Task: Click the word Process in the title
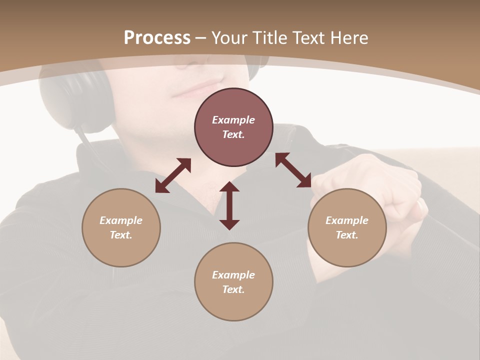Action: pyautogui.click(x=157, y=38)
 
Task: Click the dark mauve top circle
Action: pyautogui.click(x=233, y=127)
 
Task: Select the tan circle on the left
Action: pyautogui.click(x=121, y=227)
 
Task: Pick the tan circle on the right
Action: pyautogui.click(x=347, y=227)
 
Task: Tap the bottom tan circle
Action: pyautogui.click(x=233, y=282)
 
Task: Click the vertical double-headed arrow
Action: pyautogui.click(x=229, y=205)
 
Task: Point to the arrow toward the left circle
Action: pyautogui.click(x=173, y=175)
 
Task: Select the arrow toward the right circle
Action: pyautogui.click(x=293, y=170)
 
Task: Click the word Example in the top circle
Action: pyautogui.click(x=233, y=120)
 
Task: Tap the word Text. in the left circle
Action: pyautogui.click(x=121, y=235)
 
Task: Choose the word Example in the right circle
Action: pyautogui.click(x=347, y=220)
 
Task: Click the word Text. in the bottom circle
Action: pyautogui.click(x=233, y=289)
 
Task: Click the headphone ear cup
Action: pyautogui.click(x=70, y=95)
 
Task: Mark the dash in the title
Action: pyautogui.click(x=201, y=38)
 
